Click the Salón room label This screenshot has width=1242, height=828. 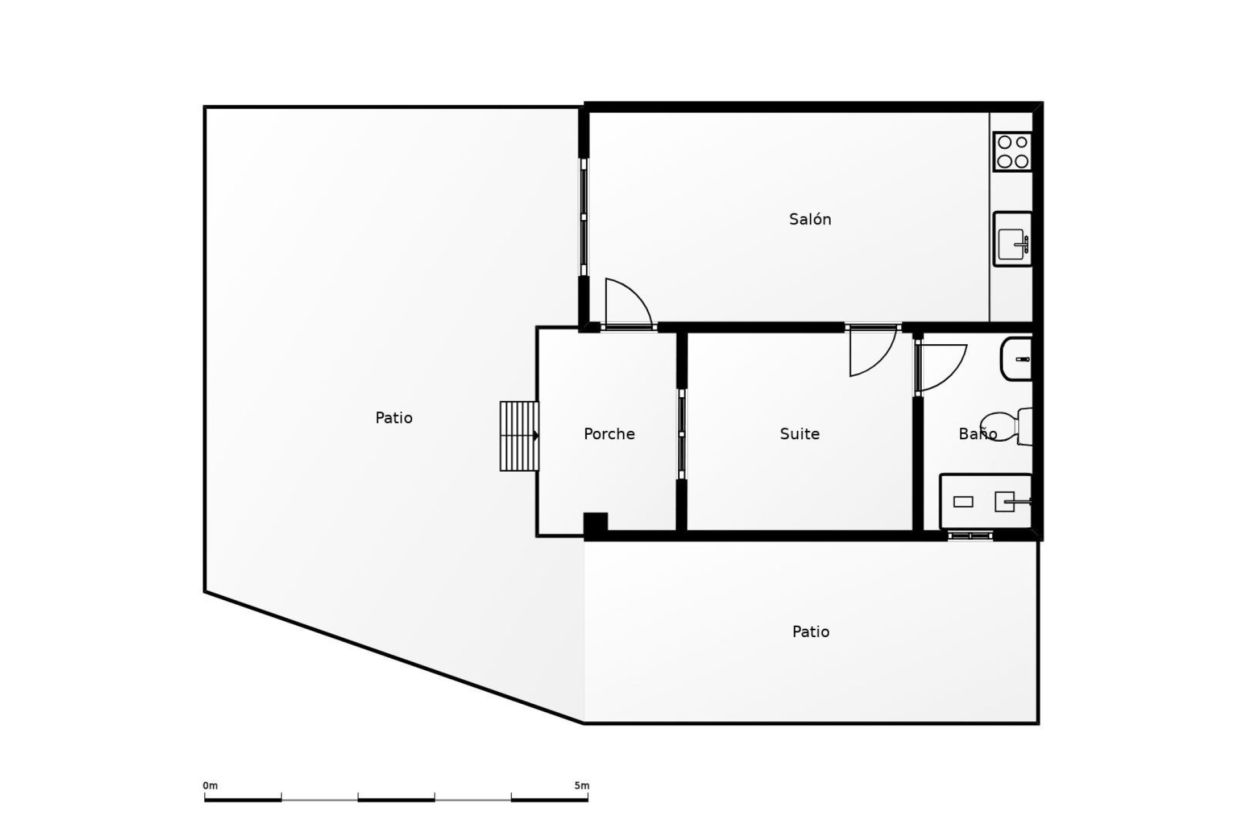click(810, 219)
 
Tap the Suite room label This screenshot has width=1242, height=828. click(800, 434)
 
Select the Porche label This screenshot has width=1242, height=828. click(609, 434)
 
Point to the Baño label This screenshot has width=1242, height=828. click(977, 434)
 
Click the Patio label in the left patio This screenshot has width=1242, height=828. click(393, 418)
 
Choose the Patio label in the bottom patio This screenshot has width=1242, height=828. click(811, 631)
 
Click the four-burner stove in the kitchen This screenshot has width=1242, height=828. click(1012, 151)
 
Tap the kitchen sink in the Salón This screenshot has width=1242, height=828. click(1012, 239)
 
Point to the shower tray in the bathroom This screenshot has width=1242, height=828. click(985, 501)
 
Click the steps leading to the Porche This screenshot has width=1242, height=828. click(519, 436)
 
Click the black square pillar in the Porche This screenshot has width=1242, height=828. click(595, 523)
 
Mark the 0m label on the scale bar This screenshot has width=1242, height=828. click(210, 786)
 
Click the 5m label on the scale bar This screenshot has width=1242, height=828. click(582, 786)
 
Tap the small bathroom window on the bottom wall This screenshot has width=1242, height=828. click(970, 536)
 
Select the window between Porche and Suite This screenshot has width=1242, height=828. click(681, 434)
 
